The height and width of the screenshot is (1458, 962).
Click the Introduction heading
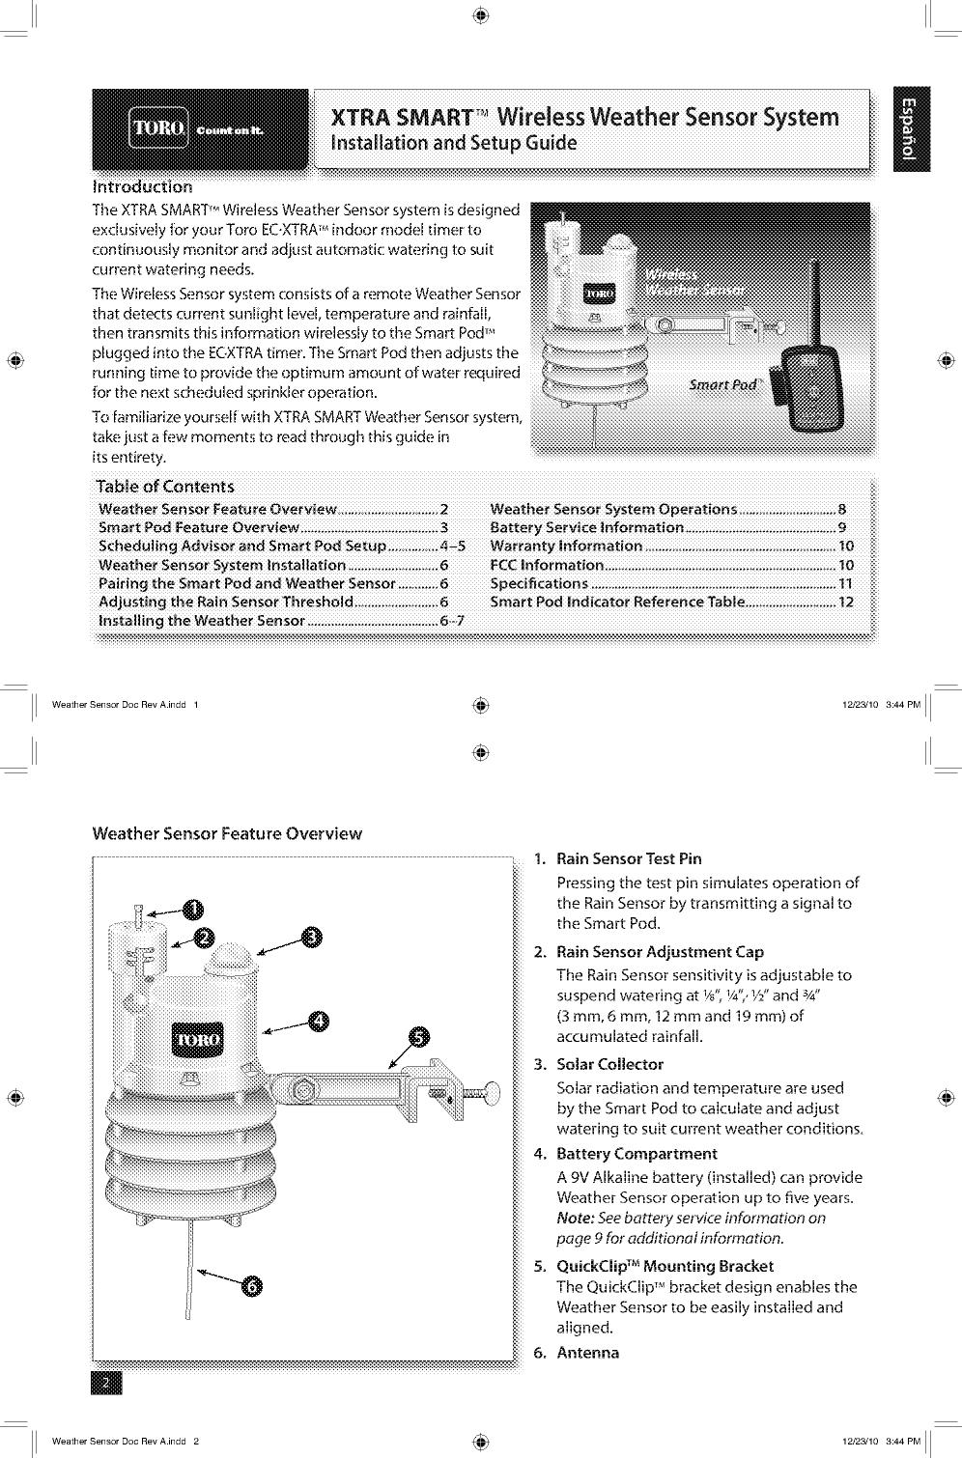pyautogui.click(x=142, y=186)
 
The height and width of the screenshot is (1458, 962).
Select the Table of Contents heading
pyautogui.click(x=165, y=486)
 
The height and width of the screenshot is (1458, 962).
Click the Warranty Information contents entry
pyautogui.click(x=566, y=547)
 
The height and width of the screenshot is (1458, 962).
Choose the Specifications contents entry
pyautogui.click(x=539, y=583)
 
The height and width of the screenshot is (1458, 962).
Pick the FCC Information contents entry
pyautogui.click(x=547, y=565)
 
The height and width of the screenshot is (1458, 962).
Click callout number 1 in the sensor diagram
pyautogui.click(x=194, y=909)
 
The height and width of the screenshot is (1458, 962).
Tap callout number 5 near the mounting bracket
pyautogui.click(x=419, y=1038)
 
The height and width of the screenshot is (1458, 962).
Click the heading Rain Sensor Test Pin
pyautogui.click(x=629, y=858)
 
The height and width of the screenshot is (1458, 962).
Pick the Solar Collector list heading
pyautogui.click(x=609, y=1064)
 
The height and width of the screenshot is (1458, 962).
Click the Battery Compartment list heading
pyautogui.click(x=637, y=1154)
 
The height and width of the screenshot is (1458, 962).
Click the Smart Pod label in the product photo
pyautogui.click(x=721, y=383)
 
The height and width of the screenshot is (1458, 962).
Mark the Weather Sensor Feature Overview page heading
pyautogui.click(x=227, y=833)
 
